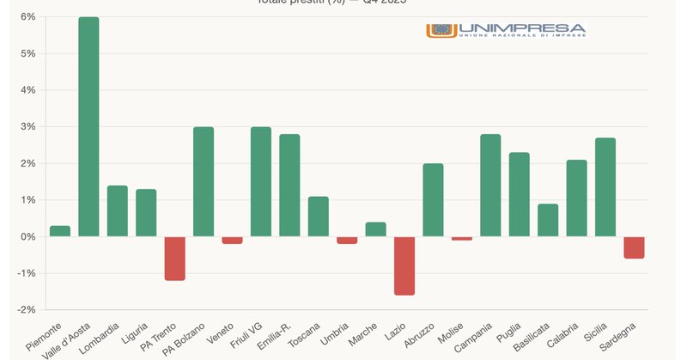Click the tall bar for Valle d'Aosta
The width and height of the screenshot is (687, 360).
(88, 126)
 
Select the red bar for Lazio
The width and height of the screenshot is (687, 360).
(404, 265)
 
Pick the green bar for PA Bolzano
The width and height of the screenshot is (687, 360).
(204, 181)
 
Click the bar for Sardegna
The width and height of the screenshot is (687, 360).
(634, 247)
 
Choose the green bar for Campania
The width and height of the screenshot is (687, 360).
(490, 185)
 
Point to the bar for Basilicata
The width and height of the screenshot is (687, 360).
(548, 220)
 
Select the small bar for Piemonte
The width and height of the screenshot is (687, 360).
(60, 231)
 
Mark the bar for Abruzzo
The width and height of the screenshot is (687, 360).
(433, 199)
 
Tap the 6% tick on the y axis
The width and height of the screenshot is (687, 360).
(27, 16)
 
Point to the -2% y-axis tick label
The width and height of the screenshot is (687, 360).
(26, 310)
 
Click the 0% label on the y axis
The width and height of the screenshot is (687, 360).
(27, 236)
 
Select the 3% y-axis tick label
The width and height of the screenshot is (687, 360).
(27, 126)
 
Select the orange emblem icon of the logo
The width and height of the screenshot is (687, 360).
(441, 30)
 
